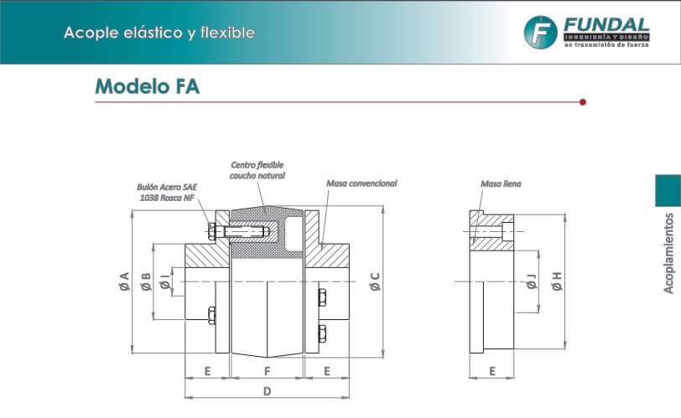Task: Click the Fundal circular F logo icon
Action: pos(541,32)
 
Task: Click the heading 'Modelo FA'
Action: pos(148,86)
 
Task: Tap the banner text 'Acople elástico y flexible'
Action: pos(159,33)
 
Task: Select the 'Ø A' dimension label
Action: pos(124,281)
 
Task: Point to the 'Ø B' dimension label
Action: pos(146,281)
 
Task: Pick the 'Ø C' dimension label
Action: pos(375,281)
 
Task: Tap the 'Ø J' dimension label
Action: pos(531,281)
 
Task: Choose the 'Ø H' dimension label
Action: pos(555,281)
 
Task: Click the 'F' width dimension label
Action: pos(267,370)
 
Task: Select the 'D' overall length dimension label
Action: pos(267,391)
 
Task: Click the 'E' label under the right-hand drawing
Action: pos(492,370)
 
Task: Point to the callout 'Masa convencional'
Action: pos(361,183)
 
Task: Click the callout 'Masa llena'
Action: pos(501,183)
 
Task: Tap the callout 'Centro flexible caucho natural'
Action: pos(257,171)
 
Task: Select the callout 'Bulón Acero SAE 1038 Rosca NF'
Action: pos(168,193)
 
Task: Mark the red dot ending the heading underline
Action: pos(582,102)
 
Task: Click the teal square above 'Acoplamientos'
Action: pos(668,189)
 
